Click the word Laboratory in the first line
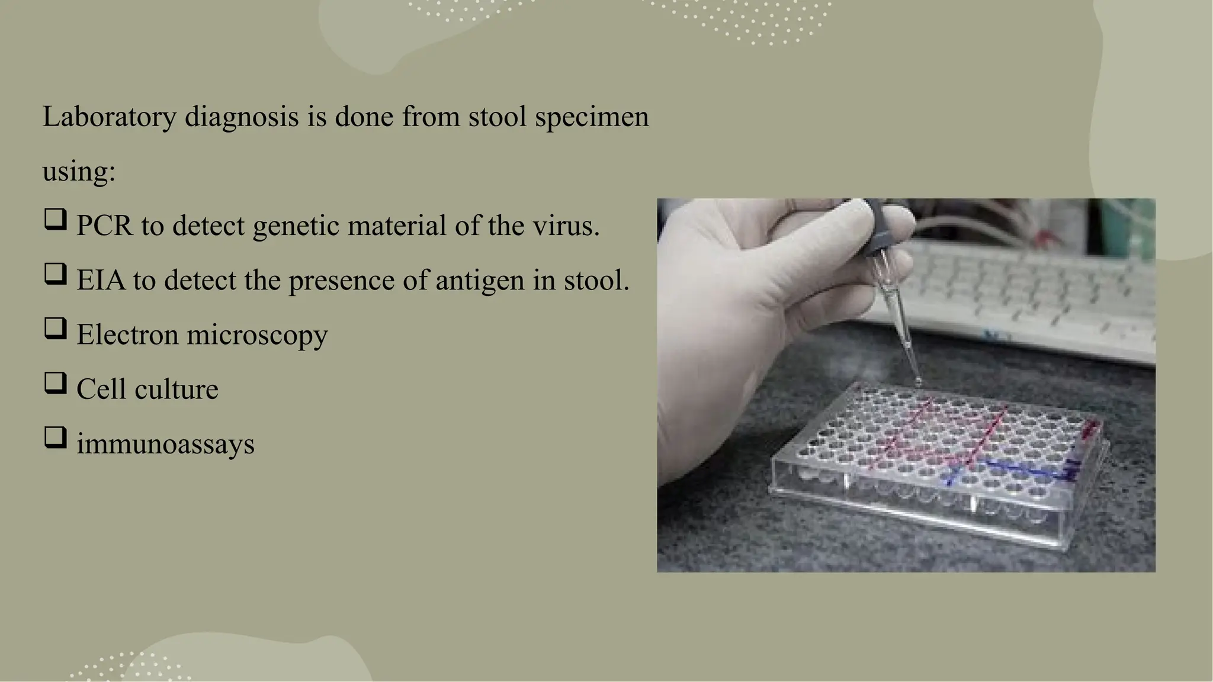click(109, 117)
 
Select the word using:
click(79, 172)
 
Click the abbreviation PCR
click(105, 226)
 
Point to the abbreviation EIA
click(101, 281)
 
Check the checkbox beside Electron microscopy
click(55, 329)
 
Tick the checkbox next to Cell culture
click(55, 383)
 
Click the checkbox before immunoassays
click(55, 437)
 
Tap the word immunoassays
click(165, 444)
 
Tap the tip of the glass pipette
click(917, 382)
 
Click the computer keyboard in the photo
click(1042, 296)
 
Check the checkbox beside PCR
click(55, 220)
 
